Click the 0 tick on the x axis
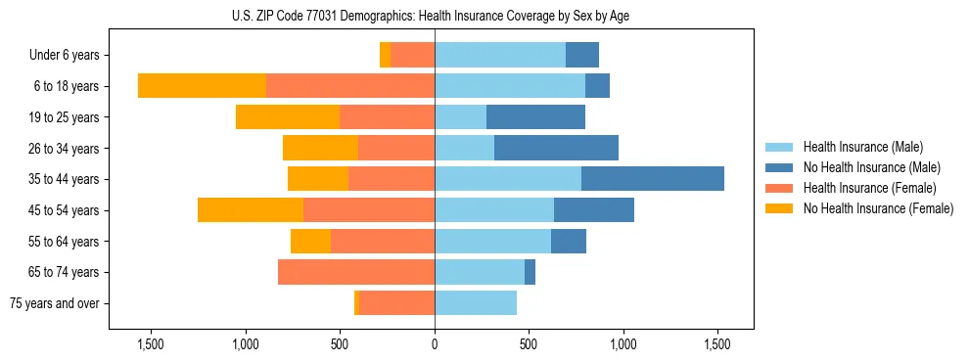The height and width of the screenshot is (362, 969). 435,345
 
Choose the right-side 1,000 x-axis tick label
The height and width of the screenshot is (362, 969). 623,345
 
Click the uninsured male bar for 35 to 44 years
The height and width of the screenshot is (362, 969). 652,179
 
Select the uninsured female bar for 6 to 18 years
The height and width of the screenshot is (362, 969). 202,86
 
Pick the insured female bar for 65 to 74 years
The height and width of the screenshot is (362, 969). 356,272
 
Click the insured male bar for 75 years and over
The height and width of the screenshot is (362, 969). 476,303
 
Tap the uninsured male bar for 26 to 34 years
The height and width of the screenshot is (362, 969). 556,148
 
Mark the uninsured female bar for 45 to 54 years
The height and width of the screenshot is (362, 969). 251,210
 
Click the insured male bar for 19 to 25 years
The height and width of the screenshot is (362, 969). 460,117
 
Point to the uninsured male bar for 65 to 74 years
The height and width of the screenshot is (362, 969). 530,272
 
